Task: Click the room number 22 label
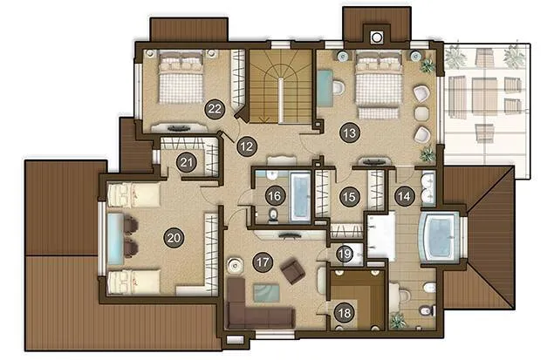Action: coord(215,109)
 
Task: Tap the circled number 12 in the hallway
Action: coord(247,146)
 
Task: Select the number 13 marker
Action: coord(350,133)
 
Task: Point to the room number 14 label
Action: coord(404,196)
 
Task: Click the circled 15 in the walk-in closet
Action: coord(350,197)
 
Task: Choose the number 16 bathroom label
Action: coord(275,196)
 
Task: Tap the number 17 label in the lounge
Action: coord(263,262)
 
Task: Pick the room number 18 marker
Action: coord(345,312)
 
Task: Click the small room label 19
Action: coord(345,254)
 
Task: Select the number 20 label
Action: coord(174,237)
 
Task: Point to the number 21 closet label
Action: coord(186,162)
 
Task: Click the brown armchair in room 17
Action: coord(293,271)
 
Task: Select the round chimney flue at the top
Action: coord(377,37)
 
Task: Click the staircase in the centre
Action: coord(281,86)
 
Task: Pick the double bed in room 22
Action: coord(181,77)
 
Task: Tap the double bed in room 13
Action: coord(379,83)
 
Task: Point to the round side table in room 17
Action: coord(235,265)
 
